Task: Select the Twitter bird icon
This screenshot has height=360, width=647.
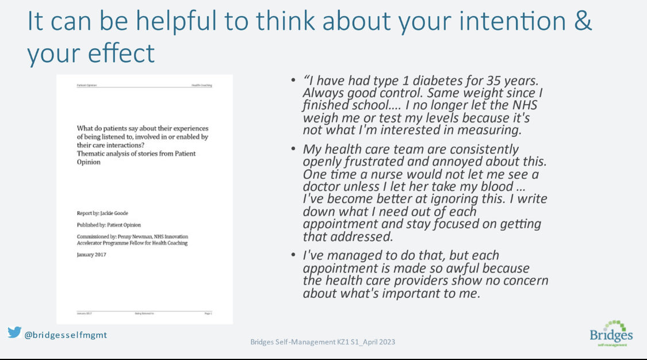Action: tap(14, 332)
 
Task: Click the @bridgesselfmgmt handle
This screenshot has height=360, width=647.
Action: tap(66, 335)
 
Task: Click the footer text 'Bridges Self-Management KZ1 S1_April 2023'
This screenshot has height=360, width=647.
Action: tap(323, 342)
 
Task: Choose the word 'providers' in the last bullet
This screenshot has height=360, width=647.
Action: tap(431, 280)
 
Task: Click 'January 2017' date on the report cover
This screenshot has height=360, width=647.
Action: tap(93, 254)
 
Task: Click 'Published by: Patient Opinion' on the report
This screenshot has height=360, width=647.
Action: tap(109, 225)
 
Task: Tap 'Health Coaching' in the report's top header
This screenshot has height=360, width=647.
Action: tap(202, 85)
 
